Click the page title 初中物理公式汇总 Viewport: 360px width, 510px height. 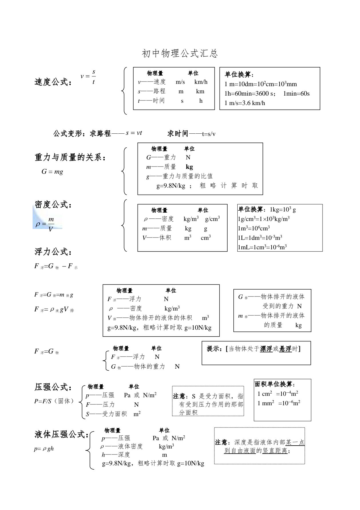coord(180,53)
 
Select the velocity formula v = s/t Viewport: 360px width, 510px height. coord(88,76)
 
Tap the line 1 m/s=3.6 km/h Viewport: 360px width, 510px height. coord(245,103)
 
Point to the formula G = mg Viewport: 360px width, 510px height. coord(52,172)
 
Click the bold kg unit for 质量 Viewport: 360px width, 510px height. coord(189,167)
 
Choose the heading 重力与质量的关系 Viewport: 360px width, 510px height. coord(70,157)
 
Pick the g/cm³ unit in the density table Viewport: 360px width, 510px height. coord(212,219)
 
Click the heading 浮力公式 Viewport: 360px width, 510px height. coord(53,252)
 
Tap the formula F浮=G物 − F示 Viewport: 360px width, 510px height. coord(56,266)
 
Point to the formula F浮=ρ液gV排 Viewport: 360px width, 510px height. coord(54,309)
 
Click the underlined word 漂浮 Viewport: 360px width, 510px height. coord(266,349)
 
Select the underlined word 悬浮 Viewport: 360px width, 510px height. coord(285,349)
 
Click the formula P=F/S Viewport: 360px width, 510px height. coord(43,401)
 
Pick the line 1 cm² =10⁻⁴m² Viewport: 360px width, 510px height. coord(278,394)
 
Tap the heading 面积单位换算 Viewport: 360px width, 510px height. coord(274,384)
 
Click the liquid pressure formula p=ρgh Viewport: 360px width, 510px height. coord(44,449)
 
